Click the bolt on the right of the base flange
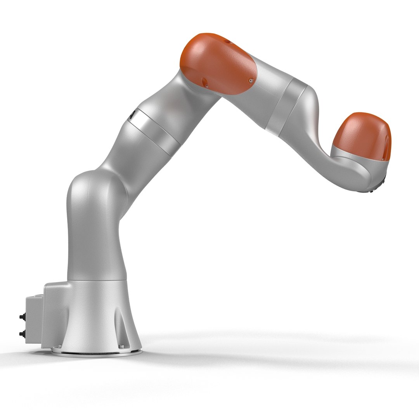(x=123, y=346)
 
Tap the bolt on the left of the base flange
(x=59, y=346)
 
